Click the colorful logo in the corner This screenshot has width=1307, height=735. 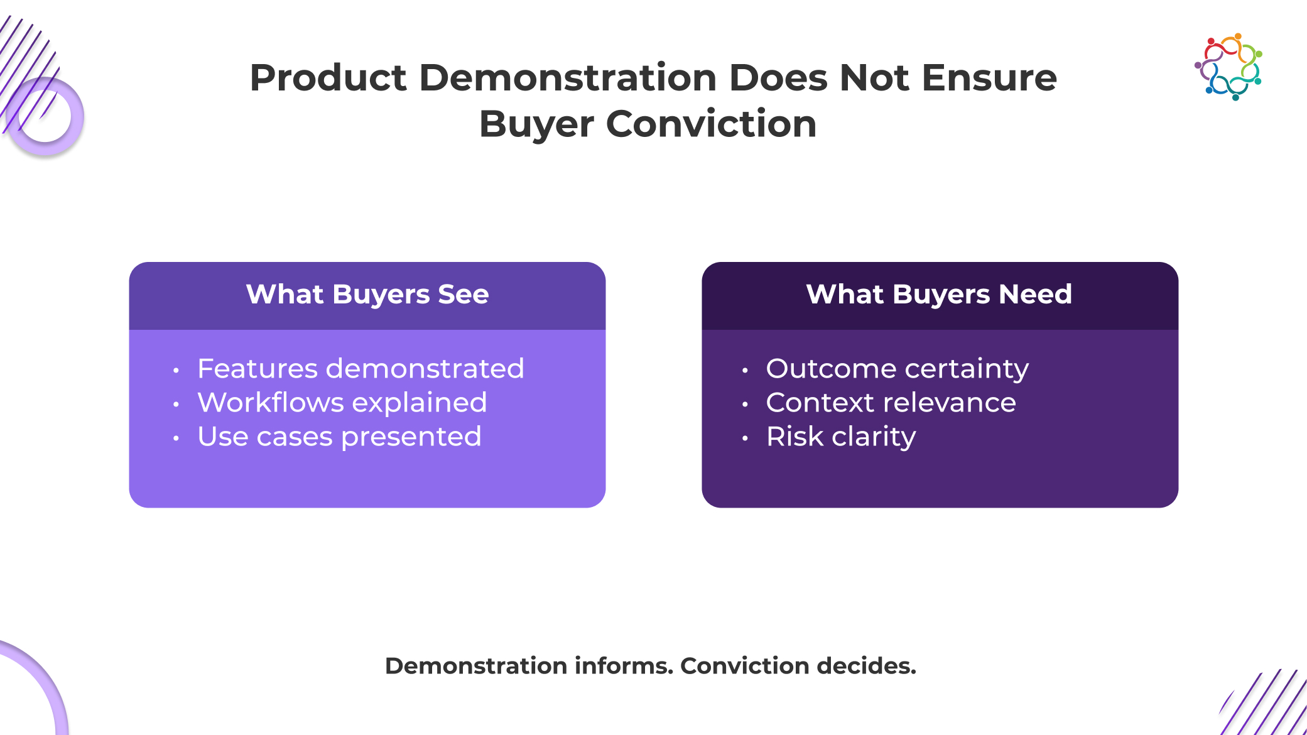pyautogui.click(x=1228, y=67)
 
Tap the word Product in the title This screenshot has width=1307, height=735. pyautogui.click(x=328, y=78)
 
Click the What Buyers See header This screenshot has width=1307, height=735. pyautogui.click(x=367, y=294)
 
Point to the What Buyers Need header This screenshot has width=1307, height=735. pyautogui.click(x=939, y=294)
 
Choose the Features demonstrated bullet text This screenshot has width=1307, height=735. pyautogui.click(x=361, y=368)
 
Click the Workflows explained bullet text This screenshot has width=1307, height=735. pyautogui.click(x=342, y=402)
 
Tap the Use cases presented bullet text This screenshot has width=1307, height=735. pyautogui.click(x=340, y=436)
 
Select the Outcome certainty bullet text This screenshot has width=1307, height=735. pyautogui.click(x=898, y=369)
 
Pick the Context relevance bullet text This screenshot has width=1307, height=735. pyautogui.click(x=891, y=402)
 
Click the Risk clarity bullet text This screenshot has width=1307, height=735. pyautogui.click(x=841, y=437)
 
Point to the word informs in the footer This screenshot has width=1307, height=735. pyautogui.click(x=624, y=666)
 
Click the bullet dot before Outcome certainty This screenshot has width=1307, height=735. pyautogui.click(x=745, y=371)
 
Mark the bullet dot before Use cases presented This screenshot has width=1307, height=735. pyautogui.click(x=176, y=438)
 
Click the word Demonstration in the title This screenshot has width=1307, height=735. pyautogui.click(x=568, y=78)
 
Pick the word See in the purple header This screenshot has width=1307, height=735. pyautogui.click(x=464, y=294)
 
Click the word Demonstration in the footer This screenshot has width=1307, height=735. pyautogui.click(x=476, y=666)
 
